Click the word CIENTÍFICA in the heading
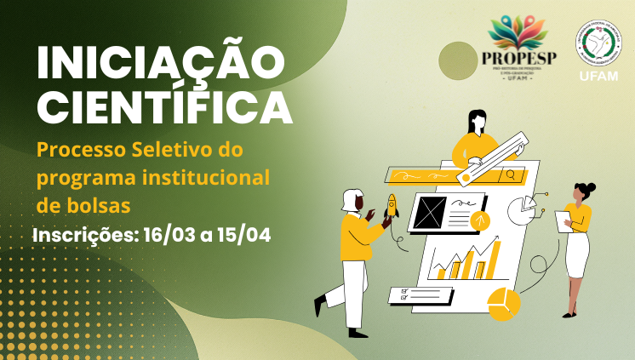pyautogui.click(x=164, y=109)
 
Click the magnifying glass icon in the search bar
pyautogui.click(x=511, y=175)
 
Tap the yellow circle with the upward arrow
pyautogui.click(x=482, y=221)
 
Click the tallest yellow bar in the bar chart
pyautogui.click(x=492, y=260)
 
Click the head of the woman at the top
pyautogui.click(x=477, y=120)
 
